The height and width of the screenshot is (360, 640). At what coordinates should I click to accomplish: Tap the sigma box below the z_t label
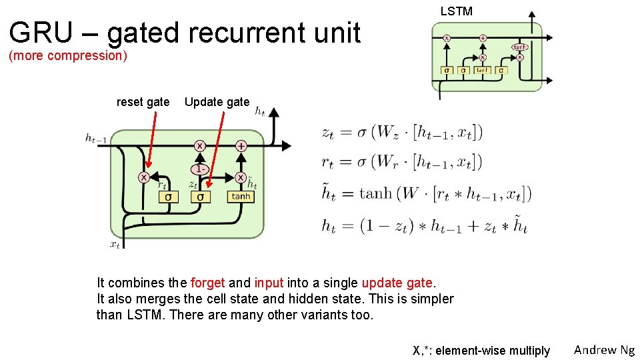[201, 197]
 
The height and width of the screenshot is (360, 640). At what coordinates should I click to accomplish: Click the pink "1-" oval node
[200, 169]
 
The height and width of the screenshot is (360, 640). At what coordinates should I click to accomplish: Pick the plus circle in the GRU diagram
[241, 145]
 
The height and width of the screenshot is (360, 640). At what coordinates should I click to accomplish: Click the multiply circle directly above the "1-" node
[200, 145]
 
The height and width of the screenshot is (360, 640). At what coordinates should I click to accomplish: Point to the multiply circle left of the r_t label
[143, 177]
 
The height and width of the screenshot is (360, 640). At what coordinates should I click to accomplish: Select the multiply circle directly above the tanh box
[240, 177]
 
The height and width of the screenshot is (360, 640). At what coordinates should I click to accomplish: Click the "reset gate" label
[143, 102]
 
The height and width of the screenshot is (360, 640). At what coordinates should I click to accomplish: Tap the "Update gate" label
[217, 102]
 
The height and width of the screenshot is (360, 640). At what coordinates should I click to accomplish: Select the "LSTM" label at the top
[457, 11]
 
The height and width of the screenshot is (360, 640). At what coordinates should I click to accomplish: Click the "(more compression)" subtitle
[67, 55]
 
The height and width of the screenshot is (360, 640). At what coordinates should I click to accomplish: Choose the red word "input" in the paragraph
[269, 283]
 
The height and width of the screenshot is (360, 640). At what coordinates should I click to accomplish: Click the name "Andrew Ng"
[604, 349]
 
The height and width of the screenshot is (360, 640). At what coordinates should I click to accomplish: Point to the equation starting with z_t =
[401, 132]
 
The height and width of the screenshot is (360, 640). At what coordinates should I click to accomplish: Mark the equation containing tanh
[426, 193]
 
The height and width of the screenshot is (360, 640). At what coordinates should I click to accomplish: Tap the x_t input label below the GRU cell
[115, 245]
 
